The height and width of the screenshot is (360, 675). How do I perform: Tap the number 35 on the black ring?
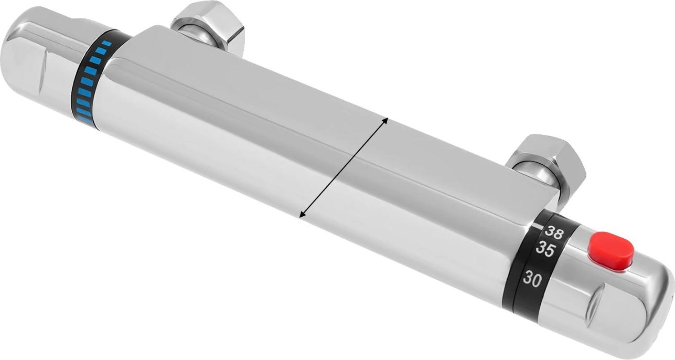545,250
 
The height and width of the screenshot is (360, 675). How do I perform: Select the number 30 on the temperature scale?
532,280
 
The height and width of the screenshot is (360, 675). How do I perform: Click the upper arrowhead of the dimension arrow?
385,120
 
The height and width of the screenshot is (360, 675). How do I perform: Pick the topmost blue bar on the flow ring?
106,44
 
